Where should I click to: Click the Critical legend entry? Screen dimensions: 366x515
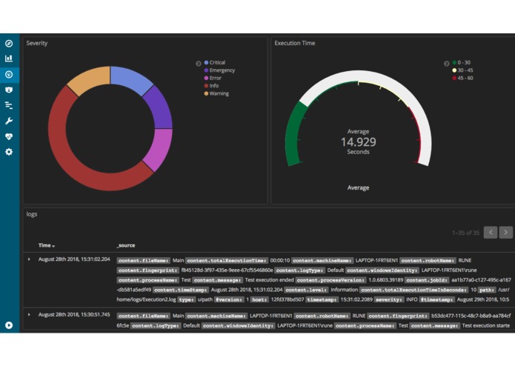(x=216, y=63)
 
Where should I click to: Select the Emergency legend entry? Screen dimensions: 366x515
(x=221, y=70)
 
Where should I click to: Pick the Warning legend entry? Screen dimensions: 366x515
(x=219, y=93)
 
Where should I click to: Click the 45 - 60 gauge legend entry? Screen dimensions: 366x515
(x=465, y=78)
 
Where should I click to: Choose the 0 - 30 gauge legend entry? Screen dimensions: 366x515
(x=464, y=63)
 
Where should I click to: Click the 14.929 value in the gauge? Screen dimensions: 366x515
(x=358, y=142)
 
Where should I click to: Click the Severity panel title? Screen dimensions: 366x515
(x=37, y=44)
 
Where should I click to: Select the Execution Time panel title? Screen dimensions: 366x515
(x=294, y=44)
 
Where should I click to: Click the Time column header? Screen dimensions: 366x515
(x=46, y=245)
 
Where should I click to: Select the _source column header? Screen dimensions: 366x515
(x=125, y=245)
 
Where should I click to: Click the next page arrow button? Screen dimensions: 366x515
(x=506, y=233)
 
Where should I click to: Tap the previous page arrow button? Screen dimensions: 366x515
(x=491, y=233)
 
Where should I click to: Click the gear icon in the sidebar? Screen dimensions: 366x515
(x=9, y=152)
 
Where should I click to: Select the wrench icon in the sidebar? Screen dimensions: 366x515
(x=9, y=121)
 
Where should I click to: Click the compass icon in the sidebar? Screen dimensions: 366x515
(x=9, y=44)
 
